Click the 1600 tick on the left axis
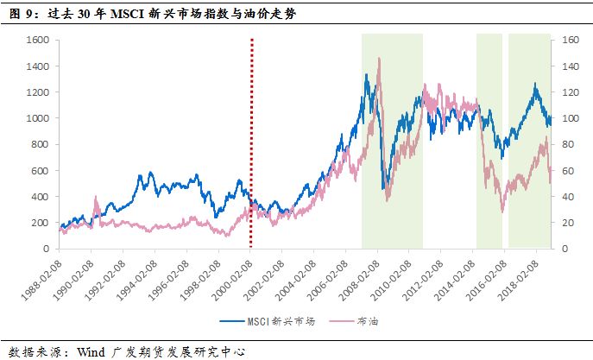(35, 40)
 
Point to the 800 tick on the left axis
(39, 144)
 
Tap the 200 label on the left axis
(39, 223)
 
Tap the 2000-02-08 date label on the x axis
(235, 274)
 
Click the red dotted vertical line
(251, 129)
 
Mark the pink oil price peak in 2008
(380, 59)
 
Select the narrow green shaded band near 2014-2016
(489, 138)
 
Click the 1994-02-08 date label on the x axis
(139, 274)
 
